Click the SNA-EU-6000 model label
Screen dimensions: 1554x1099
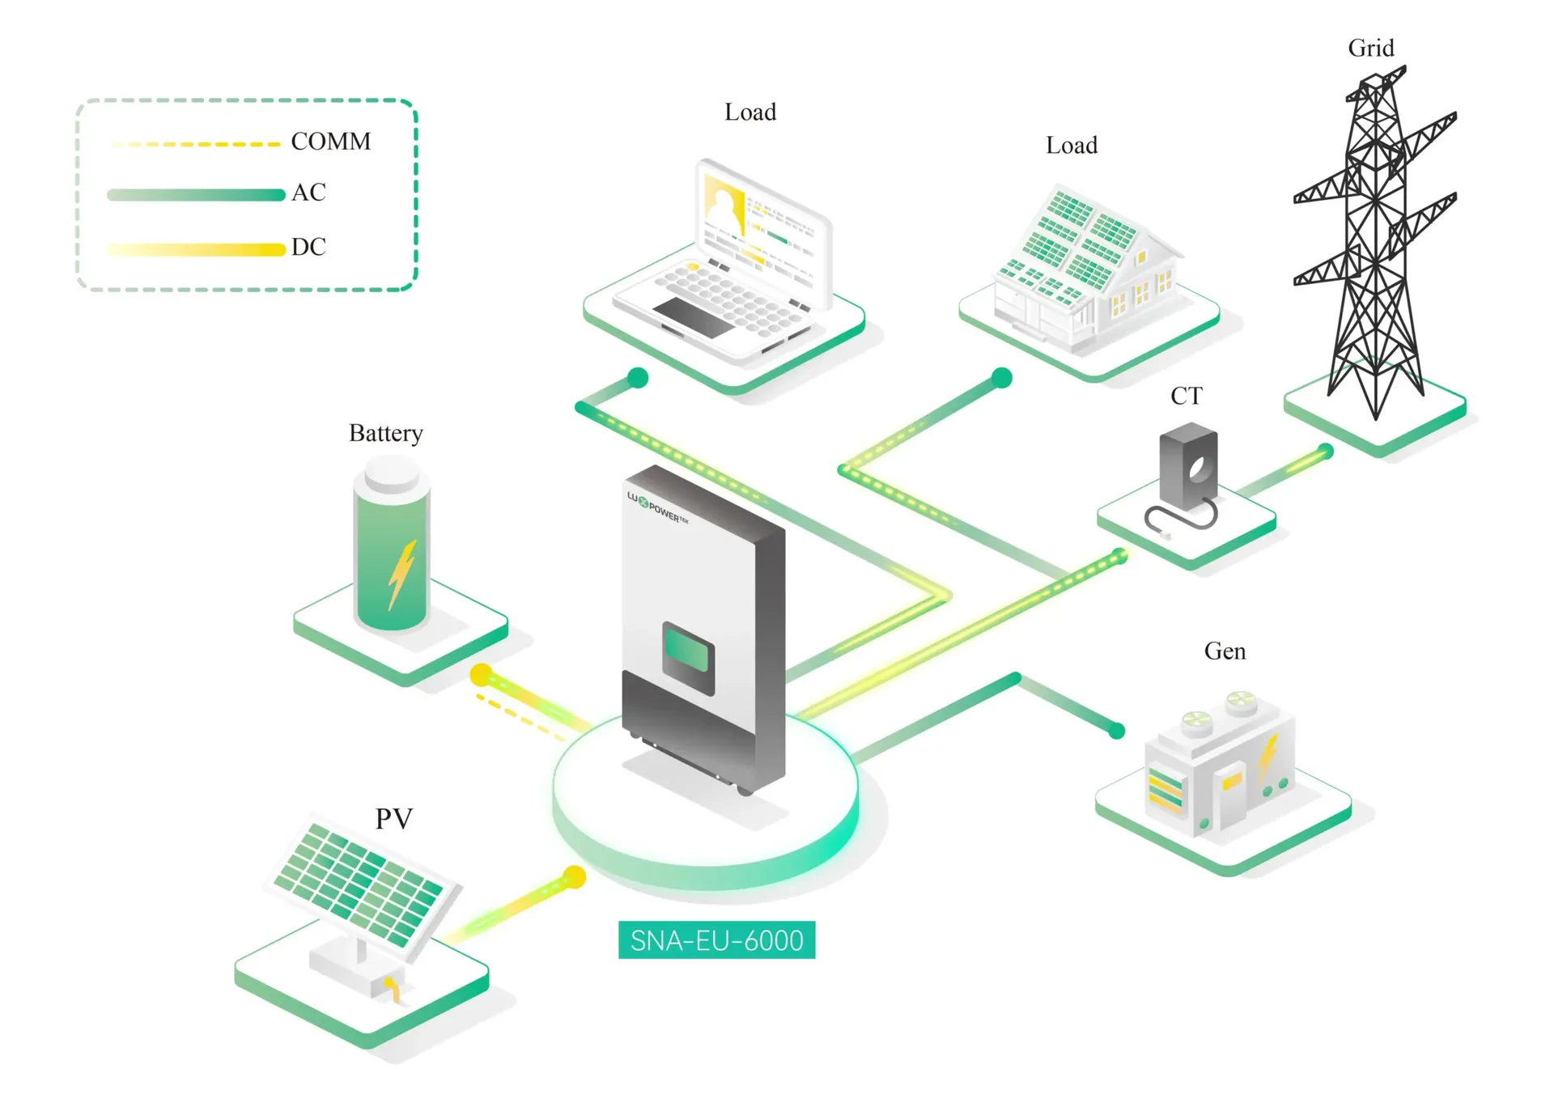click(716, 940)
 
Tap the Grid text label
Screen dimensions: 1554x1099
click(1371, 49)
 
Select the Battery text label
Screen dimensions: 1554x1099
click(386, 434)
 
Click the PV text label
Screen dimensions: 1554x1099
click(394, 819)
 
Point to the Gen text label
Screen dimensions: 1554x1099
click(1225, 651)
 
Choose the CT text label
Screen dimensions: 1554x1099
click(1187, 396)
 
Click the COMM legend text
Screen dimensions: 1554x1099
click(331, 142)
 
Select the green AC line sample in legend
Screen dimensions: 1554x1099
click(196, 194)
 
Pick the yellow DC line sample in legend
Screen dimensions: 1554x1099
click(196, 249)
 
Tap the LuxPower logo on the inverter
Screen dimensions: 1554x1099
click(658, 507)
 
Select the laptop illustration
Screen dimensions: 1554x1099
click(722, 261)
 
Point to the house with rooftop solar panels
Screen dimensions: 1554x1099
click(1085, 268)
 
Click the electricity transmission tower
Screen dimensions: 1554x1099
click(1374, 242)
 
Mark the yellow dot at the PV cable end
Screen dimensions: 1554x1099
click(575, 876)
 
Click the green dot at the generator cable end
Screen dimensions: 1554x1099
click(1117, 731)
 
